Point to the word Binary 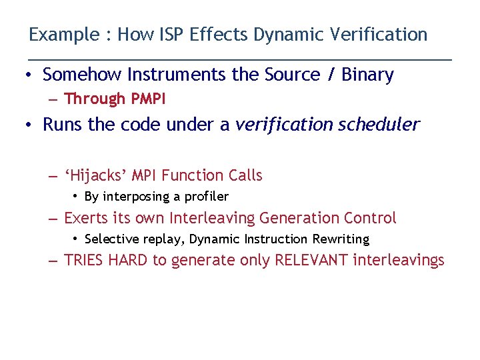point(367,75)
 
